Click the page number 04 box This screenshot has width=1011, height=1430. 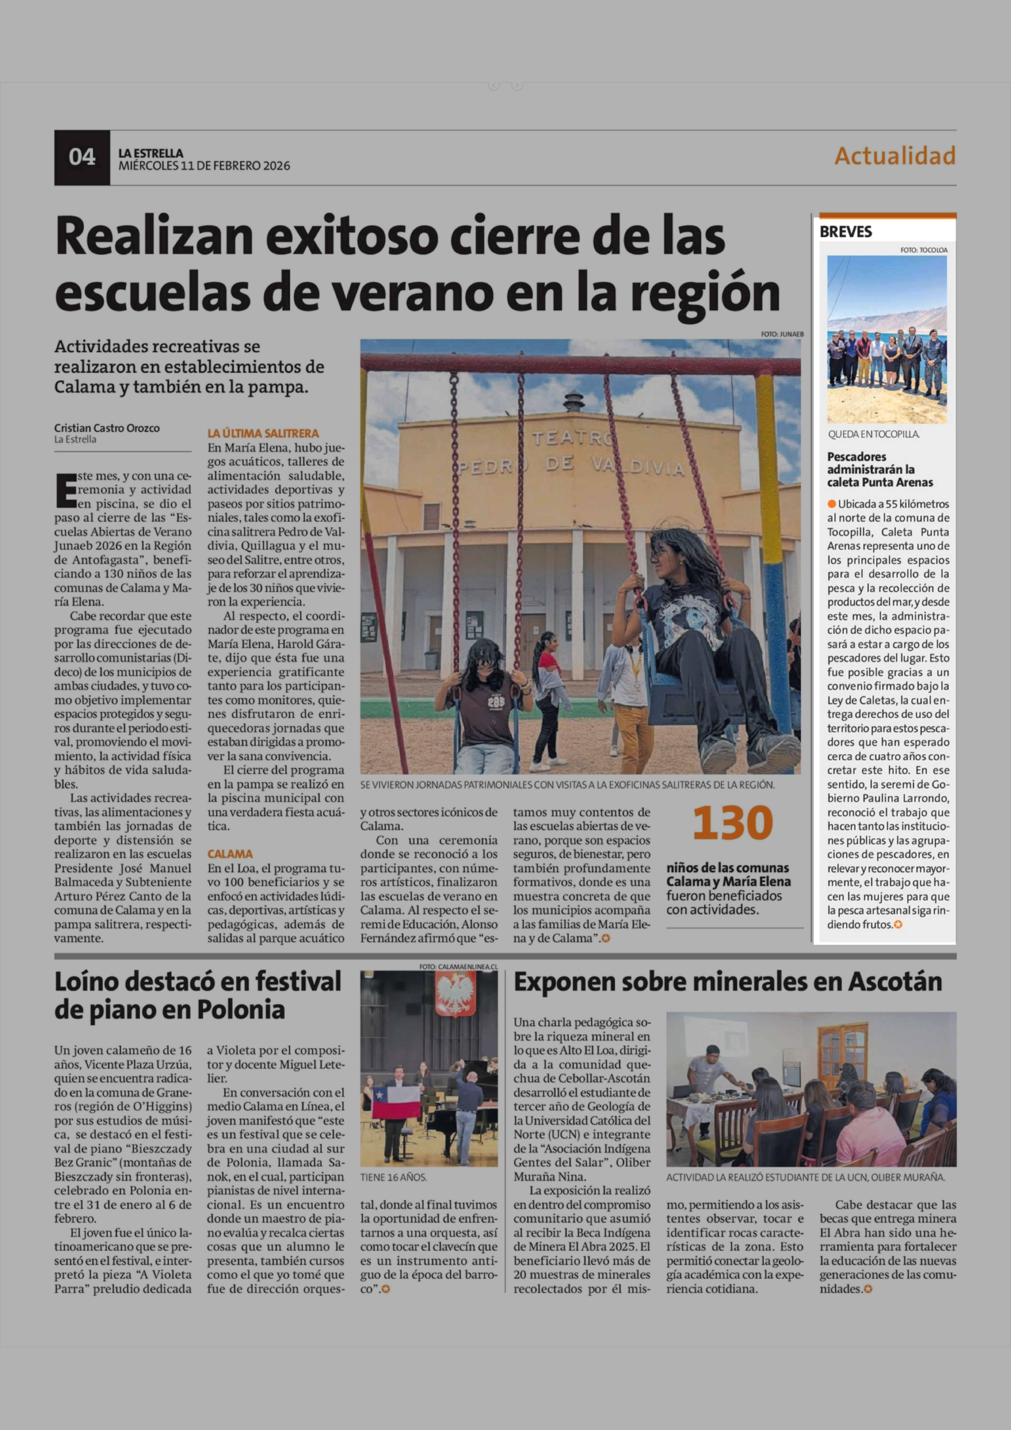point(82,158)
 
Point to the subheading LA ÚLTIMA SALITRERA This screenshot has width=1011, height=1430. point(263,433)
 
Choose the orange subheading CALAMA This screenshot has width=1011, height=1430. point(230,854)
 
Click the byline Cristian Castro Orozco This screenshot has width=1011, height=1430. point(106,428)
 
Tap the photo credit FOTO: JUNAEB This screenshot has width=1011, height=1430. point(782,335)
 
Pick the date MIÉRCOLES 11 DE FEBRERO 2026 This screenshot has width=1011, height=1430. point(204,166)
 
